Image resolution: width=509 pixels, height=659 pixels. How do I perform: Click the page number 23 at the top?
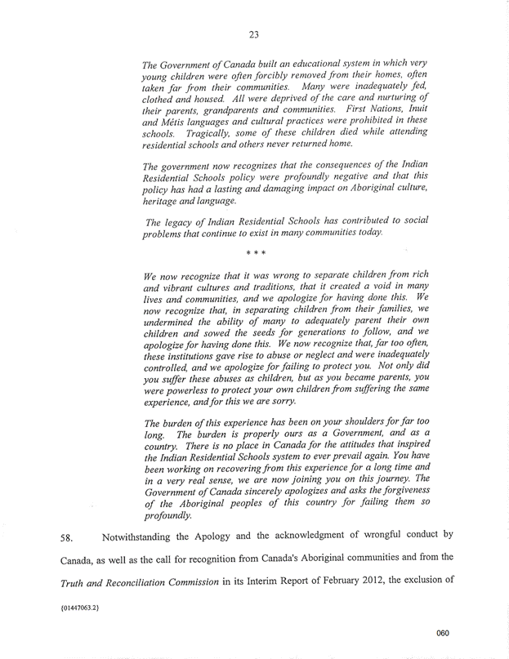pyautogui.click(x=254, y=34)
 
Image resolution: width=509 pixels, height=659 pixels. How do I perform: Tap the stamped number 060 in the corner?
pyautogui.click(x=443, y=633)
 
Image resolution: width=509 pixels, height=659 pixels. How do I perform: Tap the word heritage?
pyautogui.click(x=165, y=202)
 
